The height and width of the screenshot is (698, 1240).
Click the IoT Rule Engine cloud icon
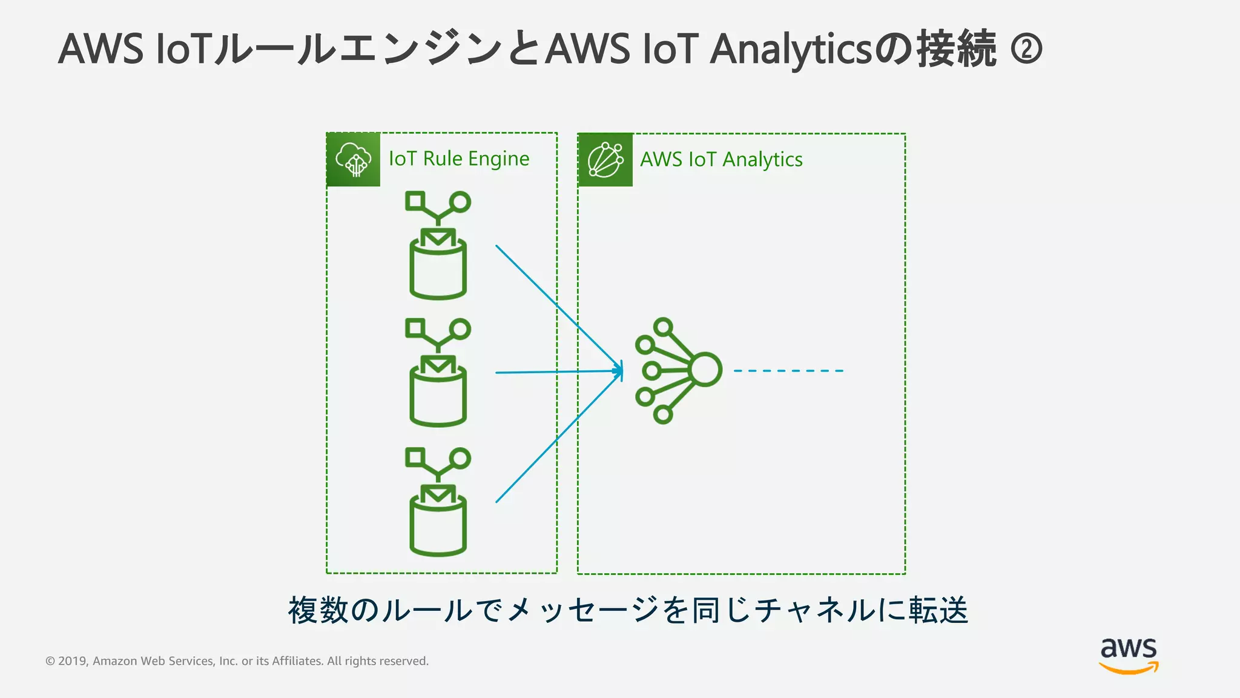pos(353,159)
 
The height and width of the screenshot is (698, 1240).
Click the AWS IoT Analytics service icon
pos(605,160)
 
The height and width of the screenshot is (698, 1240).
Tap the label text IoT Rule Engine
pos(458,159)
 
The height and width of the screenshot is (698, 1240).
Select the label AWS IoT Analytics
pos(721,159)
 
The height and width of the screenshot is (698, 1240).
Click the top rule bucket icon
pos(438,245)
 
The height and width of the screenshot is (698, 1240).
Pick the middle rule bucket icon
pos(438,373)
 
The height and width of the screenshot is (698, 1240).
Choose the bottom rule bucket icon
pos(438,502)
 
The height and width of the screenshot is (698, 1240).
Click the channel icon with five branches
pos(678,370)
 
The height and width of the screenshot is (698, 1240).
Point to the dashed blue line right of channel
pos(788,371)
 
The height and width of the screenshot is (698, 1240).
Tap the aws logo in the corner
pos(1128,656)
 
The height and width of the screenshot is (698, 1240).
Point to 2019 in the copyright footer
pos(73,661)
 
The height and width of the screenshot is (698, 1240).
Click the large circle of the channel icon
pos(705,369)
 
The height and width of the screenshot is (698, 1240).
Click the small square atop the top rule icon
pos(415,201)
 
